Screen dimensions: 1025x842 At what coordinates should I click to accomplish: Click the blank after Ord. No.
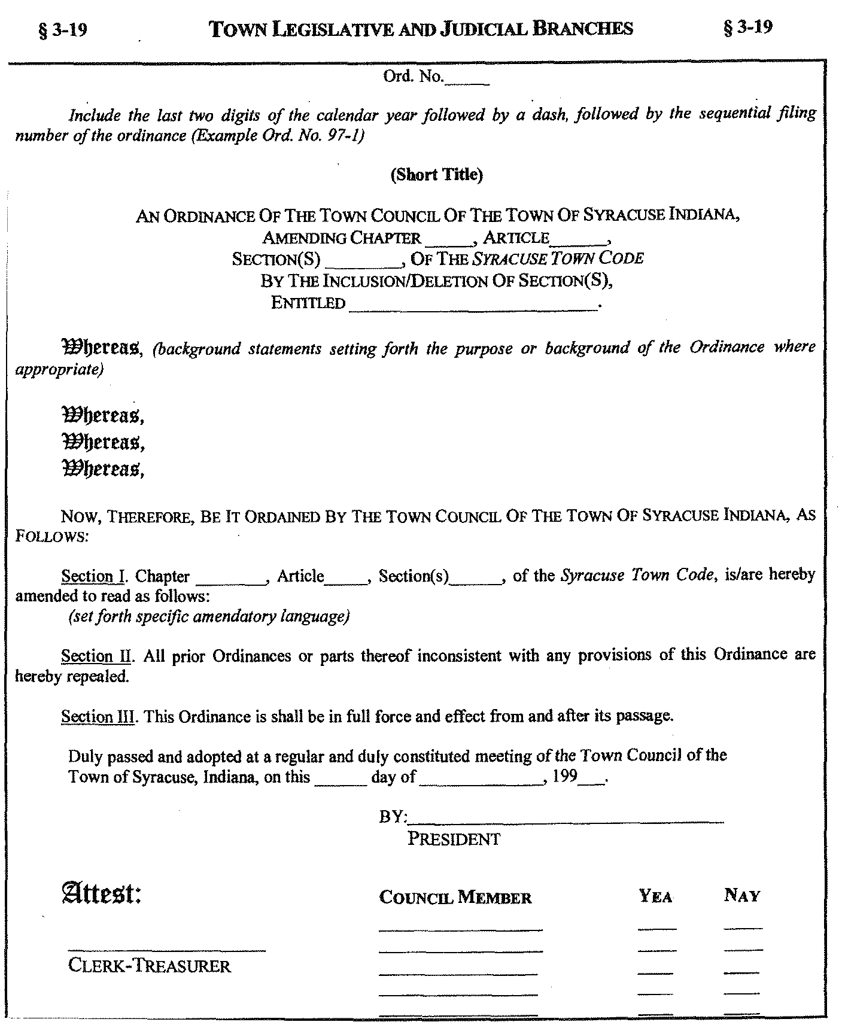pos(467,80)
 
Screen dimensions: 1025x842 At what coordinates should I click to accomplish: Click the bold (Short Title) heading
pos(436,174)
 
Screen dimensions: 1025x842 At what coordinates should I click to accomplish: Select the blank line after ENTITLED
pos(473,305)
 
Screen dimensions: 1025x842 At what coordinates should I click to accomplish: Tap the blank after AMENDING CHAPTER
pos(448,241)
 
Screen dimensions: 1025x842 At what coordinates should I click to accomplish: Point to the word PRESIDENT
pos(454,839)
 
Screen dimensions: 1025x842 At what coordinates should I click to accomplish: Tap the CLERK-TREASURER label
pos(150,966)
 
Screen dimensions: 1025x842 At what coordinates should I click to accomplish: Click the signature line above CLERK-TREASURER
pos(166,949)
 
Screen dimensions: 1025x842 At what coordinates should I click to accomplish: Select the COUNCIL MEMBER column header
pos(455,897)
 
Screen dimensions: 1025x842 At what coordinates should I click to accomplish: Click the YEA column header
pos(656,896)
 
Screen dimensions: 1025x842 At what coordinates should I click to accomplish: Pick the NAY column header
pos(742,896)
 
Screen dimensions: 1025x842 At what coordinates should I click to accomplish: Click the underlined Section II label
pos(96,656)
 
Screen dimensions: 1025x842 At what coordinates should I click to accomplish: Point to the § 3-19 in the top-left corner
pos(62,29)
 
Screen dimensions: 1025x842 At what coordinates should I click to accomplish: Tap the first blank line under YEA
pos(656,928)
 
